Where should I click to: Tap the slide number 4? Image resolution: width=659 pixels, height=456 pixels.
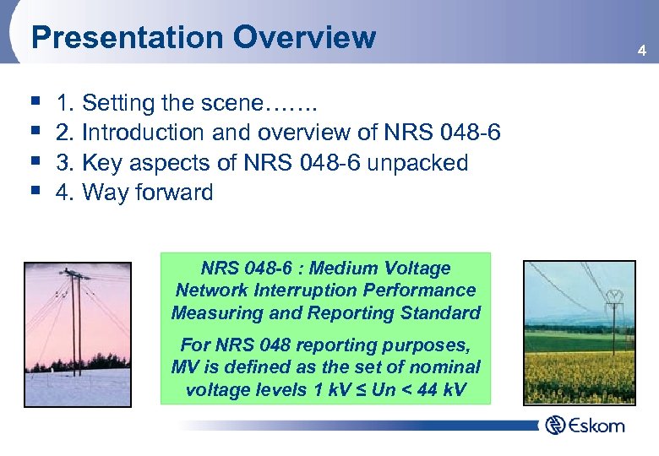pos(641,52)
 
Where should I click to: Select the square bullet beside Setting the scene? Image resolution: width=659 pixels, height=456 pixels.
pos(33,103)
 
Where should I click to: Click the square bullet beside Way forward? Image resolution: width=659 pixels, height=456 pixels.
pos(33,192)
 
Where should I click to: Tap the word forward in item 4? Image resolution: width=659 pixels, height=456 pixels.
pos(174,193)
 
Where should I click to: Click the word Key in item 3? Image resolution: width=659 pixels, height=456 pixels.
pos(101,163)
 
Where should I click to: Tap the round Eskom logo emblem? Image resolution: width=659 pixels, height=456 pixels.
pos(554,425)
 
